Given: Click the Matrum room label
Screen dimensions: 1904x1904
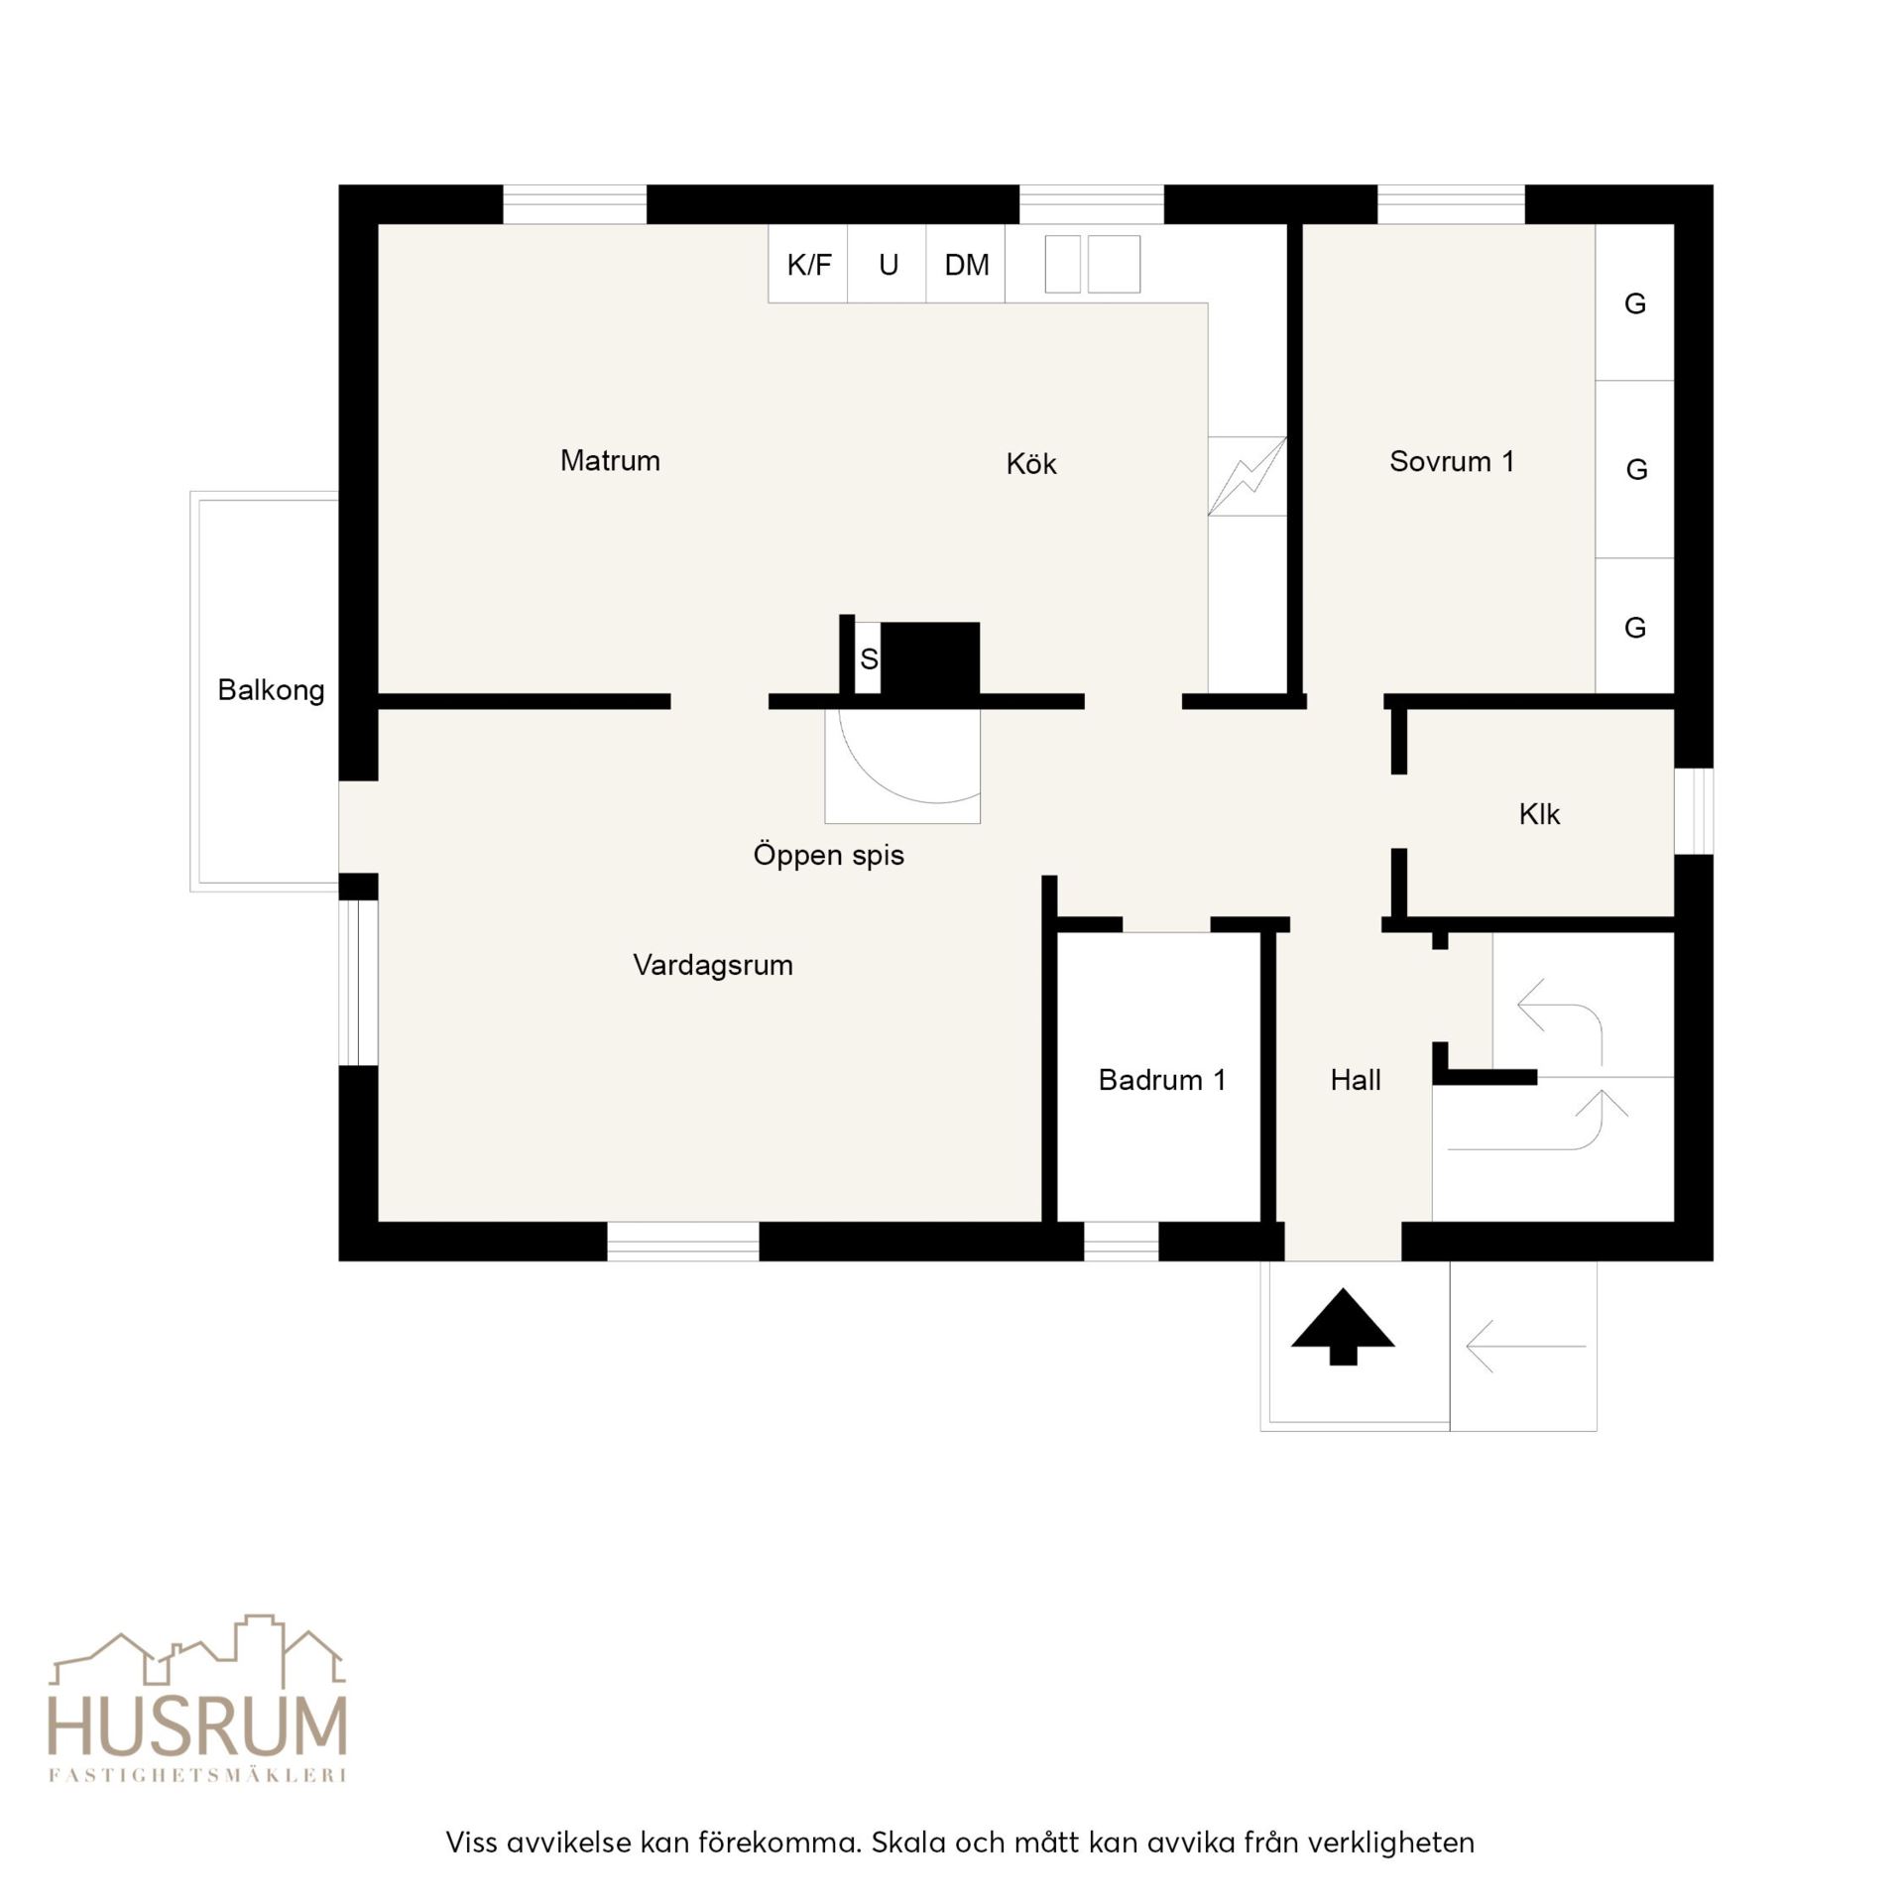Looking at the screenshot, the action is (x=610, y=460).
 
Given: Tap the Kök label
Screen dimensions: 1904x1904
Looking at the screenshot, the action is (x=1031, y=463).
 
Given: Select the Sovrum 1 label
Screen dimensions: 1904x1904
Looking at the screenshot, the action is (x=1452, y=461).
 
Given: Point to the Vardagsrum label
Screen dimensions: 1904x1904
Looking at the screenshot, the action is (x=713, y=965).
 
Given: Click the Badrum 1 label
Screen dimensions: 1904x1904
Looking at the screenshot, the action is (x=1162, y=1080).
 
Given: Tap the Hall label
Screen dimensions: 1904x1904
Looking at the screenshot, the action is (x=1356, y=1080).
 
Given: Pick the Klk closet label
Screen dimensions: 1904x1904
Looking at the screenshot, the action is (x=1539, y=814).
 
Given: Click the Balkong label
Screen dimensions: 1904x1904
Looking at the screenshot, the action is (x=271, y=690).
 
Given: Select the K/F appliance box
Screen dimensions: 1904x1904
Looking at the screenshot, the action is (x=808, y=264).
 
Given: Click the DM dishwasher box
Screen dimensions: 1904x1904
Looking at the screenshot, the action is (x=966, y=264).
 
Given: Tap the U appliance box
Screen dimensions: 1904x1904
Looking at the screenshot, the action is (x=888, y=264).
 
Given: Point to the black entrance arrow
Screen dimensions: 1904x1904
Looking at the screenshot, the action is (x=1343, y=1327).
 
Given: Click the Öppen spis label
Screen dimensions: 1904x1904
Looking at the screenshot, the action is (x=828, y=855).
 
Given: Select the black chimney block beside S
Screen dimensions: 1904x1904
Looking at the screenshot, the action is (x=930, y=658).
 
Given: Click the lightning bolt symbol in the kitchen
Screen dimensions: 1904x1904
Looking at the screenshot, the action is (x=1248, y=476).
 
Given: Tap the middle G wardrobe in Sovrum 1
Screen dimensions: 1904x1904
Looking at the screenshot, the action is (x=1635, y=469).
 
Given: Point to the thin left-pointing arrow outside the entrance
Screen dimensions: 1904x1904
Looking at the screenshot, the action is (x=1525, y=1347).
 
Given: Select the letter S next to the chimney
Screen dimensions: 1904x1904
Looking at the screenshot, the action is (x=869, y=659).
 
